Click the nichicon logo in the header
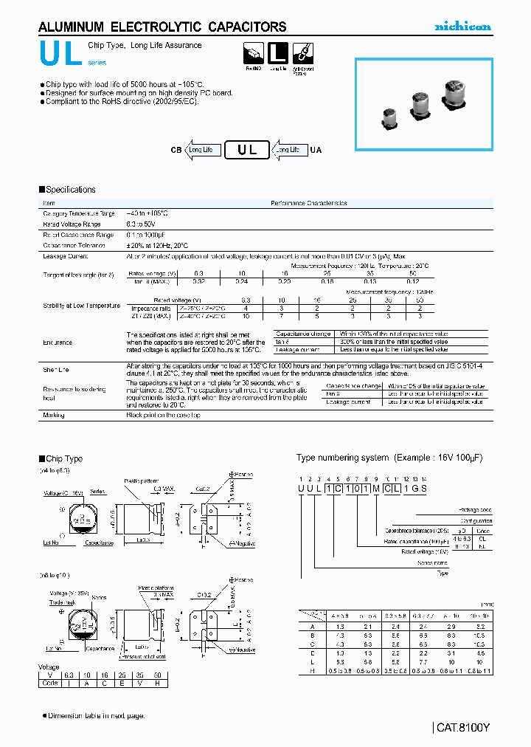tap(462, 27)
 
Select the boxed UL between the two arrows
tap(247, 150)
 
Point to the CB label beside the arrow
tap(176, 150)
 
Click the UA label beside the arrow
tap(316, 150)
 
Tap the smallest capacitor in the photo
tap(391, 116)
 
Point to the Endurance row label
tap(58, 342)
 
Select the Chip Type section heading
tap(63, 458)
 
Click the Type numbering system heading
tap(389, 458)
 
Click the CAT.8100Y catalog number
tap(462, 727)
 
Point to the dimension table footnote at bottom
tap(96, 715)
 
